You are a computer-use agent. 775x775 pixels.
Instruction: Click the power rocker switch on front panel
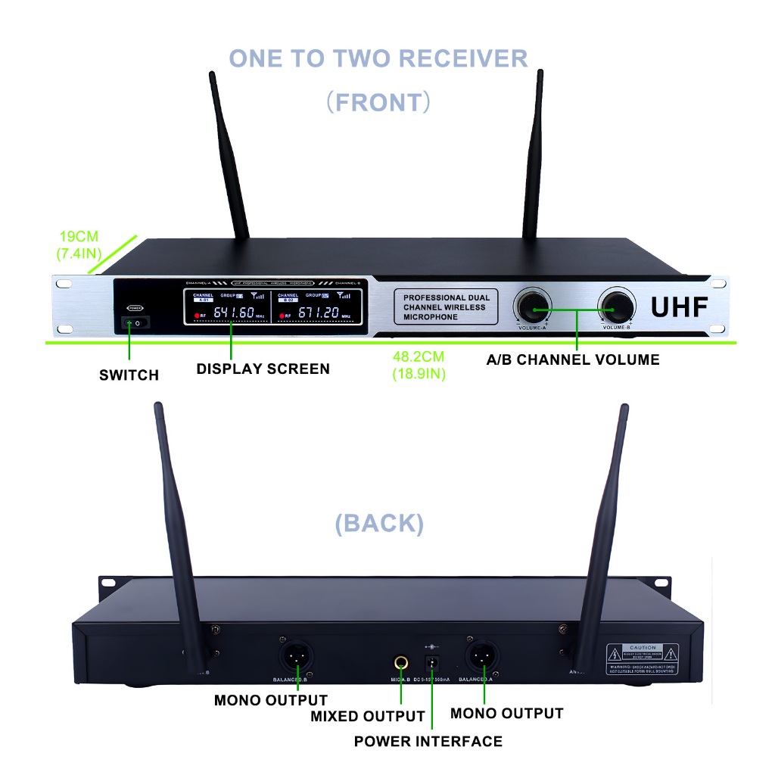point(135,323)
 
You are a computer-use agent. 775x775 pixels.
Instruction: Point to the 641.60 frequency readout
point(233,313)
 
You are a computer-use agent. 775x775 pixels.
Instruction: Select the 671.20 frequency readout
point(317,313)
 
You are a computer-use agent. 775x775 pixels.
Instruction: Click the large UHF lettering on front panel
point(679,307)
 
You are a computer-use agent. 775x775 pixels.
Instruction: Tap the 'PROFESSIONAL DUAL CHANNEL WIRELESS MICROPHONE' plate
point(446,307)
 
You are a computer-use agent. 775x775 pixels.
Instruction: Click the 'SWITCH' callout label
point(129,375)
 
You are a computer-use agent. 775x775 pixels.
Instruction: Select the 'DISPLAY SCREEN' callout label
point(263,369)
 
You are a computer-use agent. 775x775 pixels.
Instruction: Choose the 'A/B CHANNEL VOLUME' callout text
point(572,359)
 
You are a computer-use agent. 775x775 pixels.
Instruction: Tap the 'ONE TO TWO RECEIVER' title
point(378,58)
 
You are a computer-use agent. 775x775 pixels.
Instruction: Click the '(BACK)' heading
point(379,523)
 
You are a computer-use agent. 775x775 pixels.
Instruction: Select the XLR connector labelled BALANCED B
point(297,655)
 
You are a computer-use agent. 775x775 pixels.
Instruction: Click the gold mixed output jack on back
point(400,664)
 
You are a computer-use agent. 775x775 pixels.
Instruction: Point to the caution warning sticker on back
point(642,659)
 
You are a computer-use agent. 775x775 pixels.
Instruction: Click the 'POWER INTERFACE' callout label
point(428,741)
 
